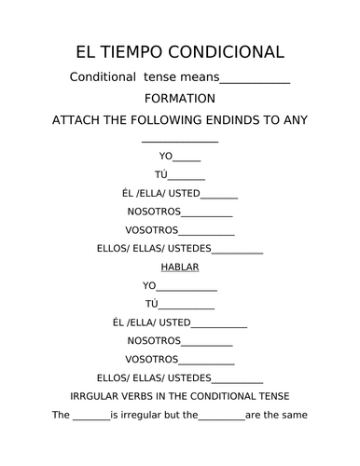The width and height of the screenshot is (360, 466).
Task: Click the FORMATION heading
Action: pos(180,99)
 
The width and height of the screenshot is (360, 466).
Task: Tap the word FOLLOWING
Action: pos(173,120)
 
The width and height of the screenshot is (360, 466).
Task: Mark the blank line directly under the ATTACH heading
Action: pos(180,141)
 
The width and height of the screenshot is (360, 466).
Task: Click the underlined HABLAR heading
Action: pos(180,267)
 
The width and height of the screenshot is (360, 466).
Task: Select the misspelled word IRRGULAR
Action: pos(96,395)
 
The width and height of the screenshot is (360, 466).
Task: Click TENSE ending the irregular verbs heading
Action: pos(284,395)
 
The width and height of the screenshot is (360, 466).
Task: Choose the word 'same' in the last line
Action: pos(296,414)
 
